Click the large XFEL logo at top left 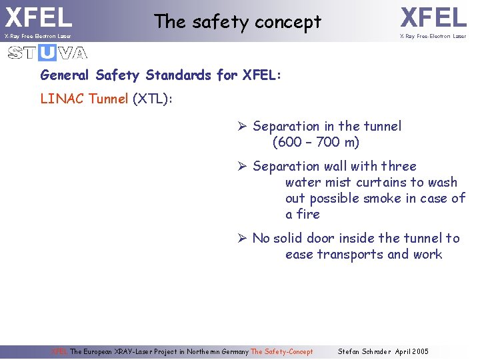(38, 17)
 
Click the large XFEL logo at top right (433, 17)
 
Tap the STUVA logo (47, 53)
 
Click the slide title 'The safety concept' (237, 22)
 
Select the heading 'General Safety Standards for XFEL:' (161, 75)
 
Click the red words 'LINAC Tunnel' (84, 99)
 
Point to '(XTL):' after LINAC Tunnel (153, 99)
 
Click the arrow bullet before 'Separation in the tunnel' (243, 127)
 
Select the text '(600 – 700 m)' (315, 142)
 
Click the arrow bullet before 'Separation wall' (243, 167)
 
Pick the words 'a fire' (303, 214)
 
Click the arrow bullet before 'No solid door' (243, 239)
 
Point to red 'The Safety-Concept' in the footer (281, 351)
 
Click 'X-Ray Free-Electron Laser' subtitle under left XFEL (37, 36)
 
